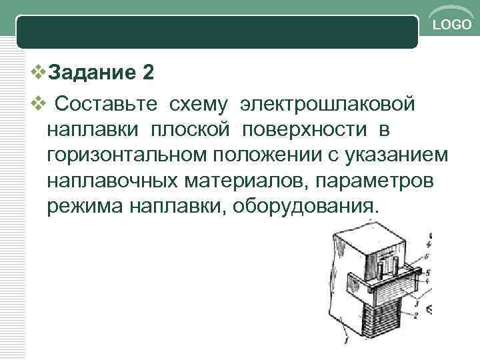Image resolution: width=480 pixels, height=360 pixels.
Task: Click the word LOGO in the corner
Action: click(x=452, y=25)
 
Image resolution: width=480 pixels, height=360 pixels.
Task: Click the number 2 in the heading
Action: click(x=147, y=71)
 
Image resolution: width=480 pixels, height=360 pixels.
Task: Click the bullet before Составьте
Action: click(x=38, y=104)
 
